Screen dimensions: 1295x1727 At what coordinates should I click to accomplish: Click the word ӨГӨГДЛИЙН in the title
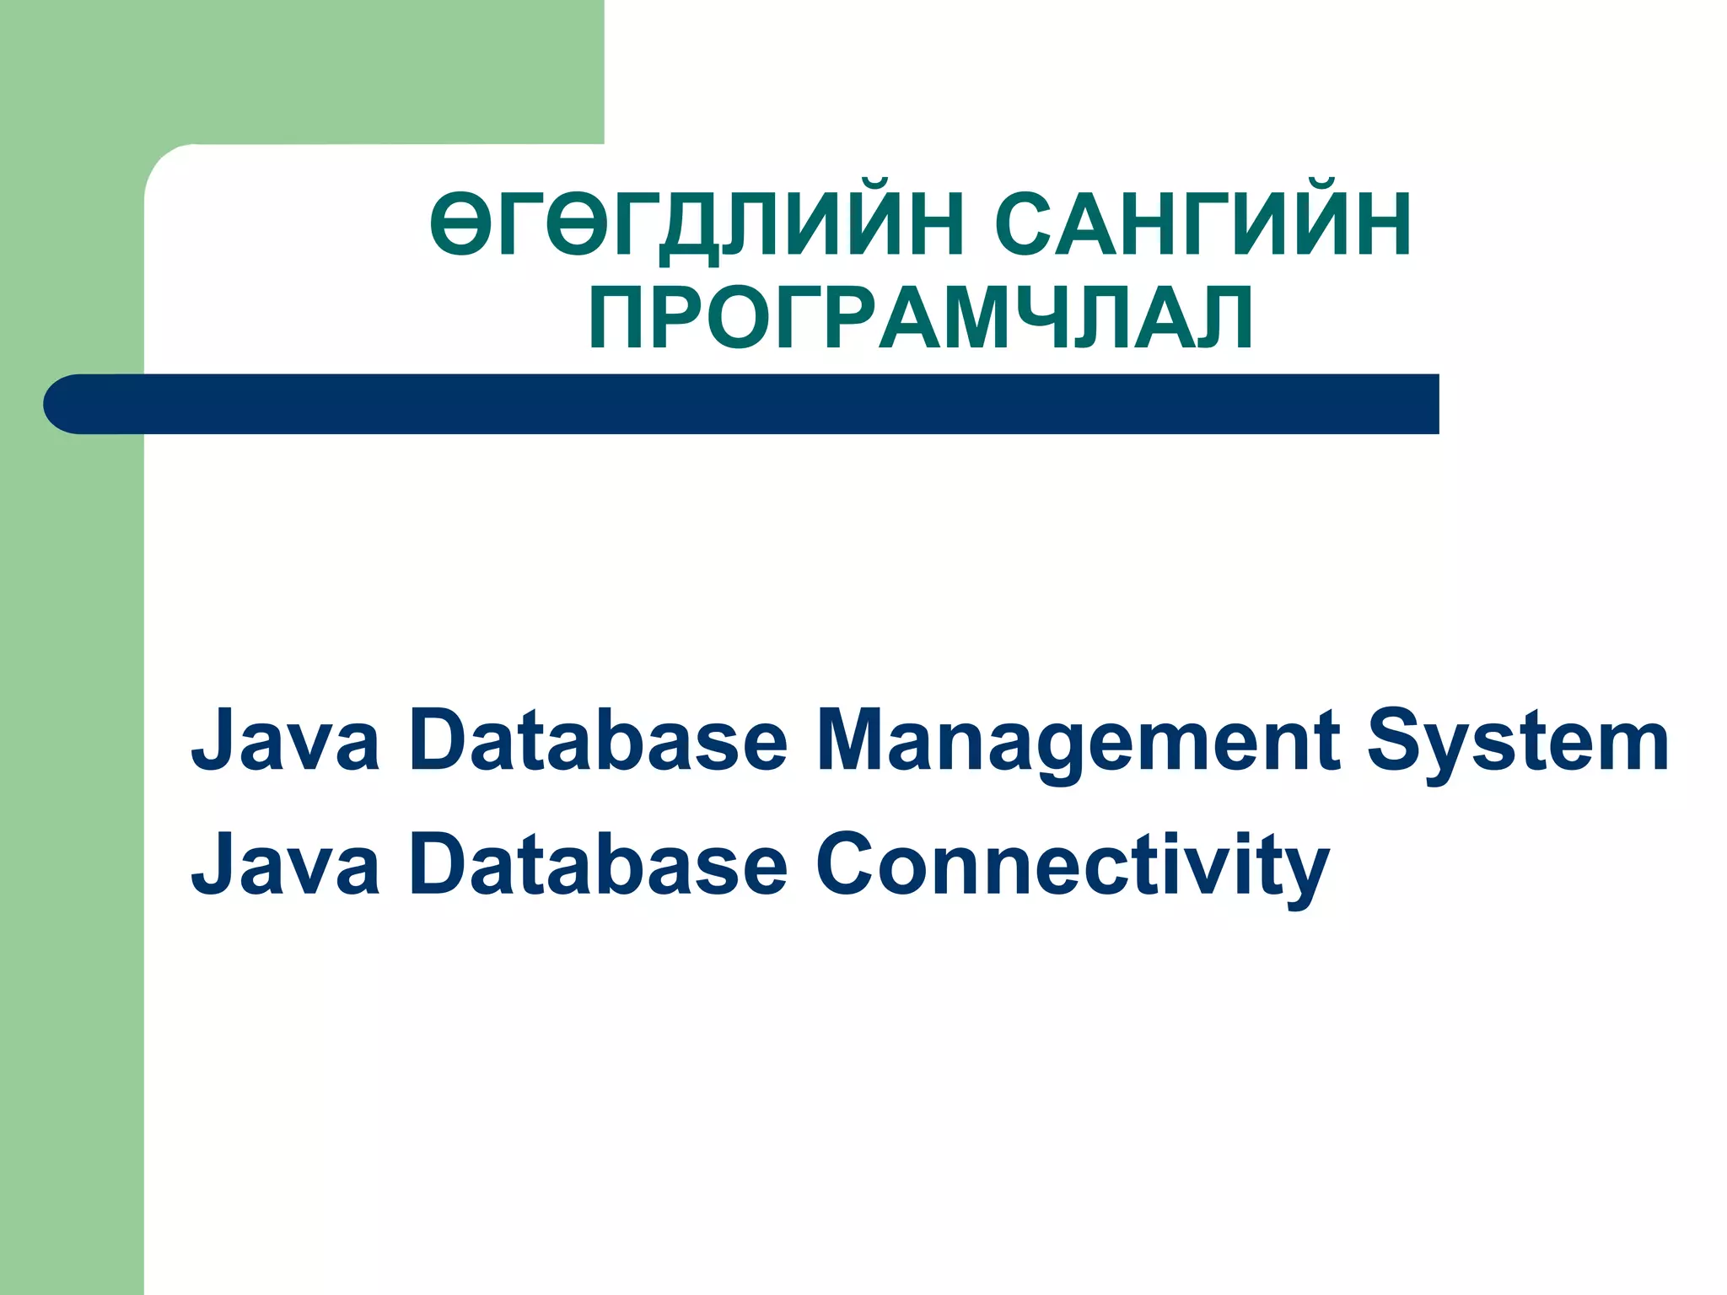697,223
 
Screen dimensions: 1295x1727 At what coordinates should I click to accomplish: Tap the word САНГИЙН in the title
1202,223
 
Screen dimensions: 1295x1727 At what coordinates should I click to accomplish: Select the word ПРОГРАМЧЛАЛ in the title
921,318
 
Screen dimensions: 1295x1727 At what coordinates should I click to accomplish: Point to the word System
1517,742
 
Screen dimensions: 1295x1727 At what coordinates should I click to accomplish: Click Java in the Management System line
285,742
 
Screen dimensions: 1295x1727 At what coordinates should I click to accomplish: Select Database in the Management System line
598,742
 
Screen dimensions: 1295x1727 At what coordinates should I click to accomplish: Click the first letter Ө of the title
460,223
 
